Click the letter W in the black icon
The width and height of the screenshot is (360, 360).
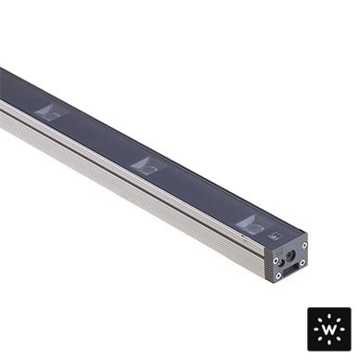329,330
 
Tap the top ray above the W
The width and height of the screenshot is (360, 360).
329,317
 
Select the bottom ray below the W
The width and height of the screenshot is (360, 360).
329,343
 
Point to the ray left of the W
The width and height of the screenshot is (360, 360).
316,330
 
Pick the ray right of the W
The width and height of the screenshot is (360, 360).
343,330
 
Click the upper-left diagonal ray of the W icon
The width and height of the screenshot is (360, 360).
321,321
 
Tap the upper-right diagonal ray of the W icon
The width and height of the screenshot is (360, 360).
339,321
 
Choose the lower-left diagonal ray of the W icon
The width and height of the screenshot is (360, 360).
321,339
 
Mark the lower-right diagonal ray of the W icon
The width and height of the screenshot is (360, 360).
339,339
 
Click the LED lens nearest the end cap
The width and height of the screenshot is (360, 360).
255,225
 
